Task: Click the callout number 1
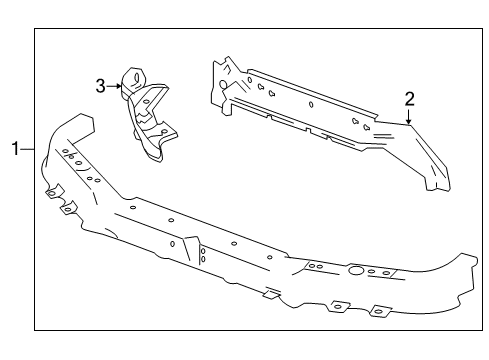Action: click(x=15, y=150)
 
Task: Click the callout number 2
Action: click(x=409, y=98)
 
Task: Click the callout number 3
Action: click(x=101, y=86)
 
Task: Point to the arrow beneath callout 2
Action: click(x=409, y=118)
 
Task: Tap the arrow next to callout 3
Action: click(x=118, y=86)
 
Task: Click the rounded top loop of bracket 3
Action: click(x=131, y=78)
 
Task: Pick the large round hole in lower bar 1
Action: click(x=355, y=270)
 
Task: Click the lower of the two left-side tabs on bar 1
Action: click(x=69, y=209)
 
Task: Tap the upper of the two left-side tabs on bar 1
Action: click(x=53, y=190)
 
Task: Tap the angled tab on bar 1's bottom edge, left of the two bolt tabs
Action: click(x=268, y=294)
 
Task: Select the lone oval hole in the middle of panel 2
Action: click(x=311, y=104)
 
